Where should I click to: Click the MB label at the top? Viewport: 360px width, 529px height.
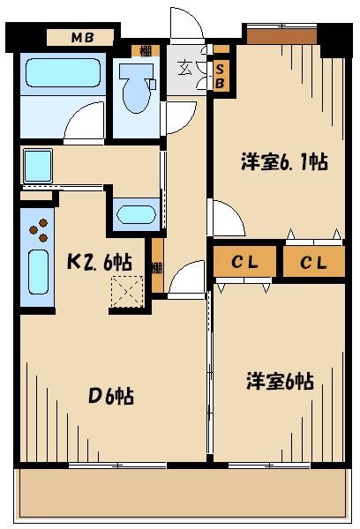click(83, 37)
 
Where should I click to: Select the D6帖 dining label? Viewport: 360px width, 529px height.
click(111, 396)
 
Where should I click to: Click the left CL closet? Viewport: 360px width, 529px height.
click(244, 262)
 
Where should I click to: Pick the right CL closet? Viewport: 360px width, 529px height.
click(312, 262)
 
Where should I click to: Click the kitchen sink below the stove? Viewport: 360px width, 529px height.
click(39, 272)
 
